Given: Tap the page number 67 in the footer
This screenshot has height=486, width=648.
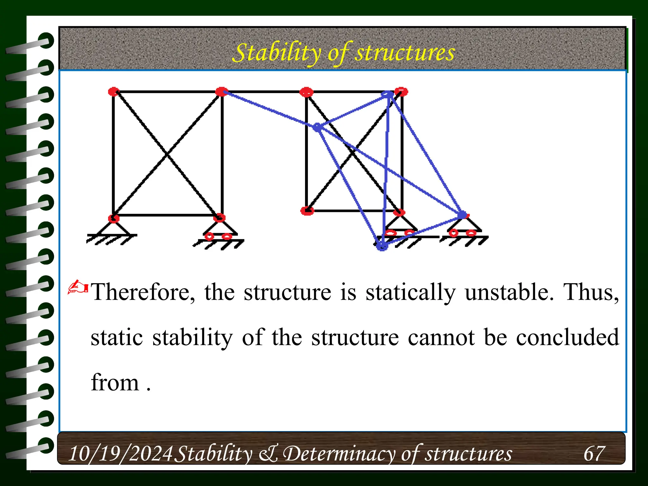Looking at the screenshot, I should (x=594, y=453).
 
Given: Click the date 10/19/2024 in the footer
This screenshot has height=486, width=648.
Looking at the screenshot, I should (x=121, y=453).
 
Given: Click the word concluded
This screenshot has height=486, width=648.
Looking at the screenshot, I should (x=568, y=337).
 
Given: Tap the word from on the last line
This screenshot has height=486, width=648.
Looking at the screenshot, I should (x=115, y=383).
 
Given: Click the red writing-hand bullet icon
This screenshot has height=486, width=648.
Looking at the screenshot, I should (x=78, y=287).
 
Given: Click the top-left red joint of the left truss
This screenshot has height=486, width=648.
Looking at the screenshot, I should (x=113, y=92).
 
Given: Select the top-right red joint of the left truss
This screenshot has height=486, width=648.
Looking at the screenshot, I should (x=221, y=92).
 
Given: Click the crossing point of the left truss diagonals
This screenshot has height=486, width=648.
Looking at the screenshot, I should (x=167, y=154).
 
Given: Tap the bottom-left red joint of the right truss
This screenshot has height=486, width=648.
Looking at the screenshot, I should (x=307, y=211).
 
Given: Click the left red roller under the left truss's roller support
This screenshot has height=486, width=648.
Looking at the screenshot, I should (x=209, y=236).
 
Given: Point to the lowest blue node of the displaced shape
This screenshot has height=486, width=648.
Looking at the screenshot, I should (x=382, y=246).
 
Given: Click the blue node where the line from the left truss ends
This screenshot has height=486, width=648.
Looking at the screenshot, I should (x=317, y=127).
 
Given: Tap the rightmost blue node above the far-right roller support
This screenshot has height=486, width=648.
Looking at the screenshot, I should (x=462, y=215).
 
